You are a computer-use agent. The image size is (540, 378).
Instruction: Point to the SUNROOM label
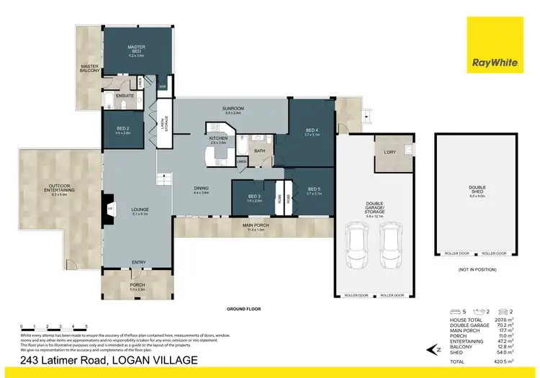pos(234,109)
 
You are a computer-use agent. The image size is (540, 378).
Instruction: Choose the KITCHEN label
pos(218,139)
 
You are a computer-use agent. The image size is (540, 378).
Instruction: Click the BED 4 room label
pos(311,131)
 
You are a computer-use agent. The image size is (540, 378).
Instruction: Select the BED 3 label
pos(254,198)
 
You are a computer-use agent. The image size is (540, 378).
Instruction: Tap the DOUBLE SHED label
pos(477,190)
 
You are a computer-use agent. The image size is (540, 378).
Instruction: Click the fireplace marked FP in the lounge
pos(109,210)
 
